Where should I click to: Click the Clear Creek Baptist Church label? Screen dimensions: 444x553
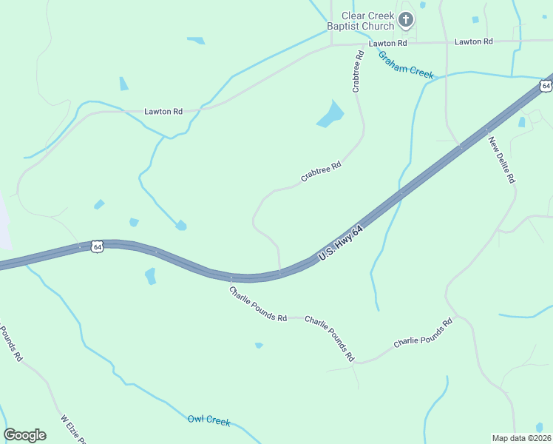367,21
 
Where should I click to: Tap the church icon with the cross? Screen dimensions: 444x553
406,20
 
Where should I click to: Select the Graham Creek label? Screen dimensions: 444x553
405,64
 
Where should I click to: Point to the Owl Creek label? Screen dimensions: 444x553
209,420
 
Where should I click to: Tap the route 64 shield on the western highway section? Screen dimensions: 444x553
97,246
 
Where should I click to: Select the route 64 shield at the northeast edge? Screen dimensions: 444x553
546,86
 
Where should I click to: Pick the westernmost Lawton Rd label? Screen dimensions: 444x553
163,112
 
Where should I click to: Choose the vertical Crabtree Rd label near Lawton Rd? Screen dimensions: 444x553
358,71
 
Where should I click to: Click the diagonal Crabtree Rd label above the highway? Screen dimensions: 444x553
321,172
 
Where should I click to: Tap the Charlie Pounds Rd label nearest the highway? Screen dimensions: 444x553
257,304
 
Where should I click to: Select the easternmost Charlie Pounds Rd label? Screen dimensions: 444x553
422,334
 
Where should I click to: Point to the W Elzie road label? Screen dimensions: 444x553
74,428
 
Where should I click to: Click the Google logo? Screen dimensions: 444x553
24,435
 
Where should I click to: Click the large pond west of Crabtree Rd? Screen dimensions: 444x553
330,115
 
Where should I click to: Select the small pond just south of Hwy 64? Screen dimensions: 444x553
151,276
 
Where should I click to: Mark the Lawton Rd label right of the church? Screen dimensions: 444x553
473,42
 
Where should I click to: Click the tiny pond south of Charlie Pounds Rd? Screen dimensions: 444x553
259,345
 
